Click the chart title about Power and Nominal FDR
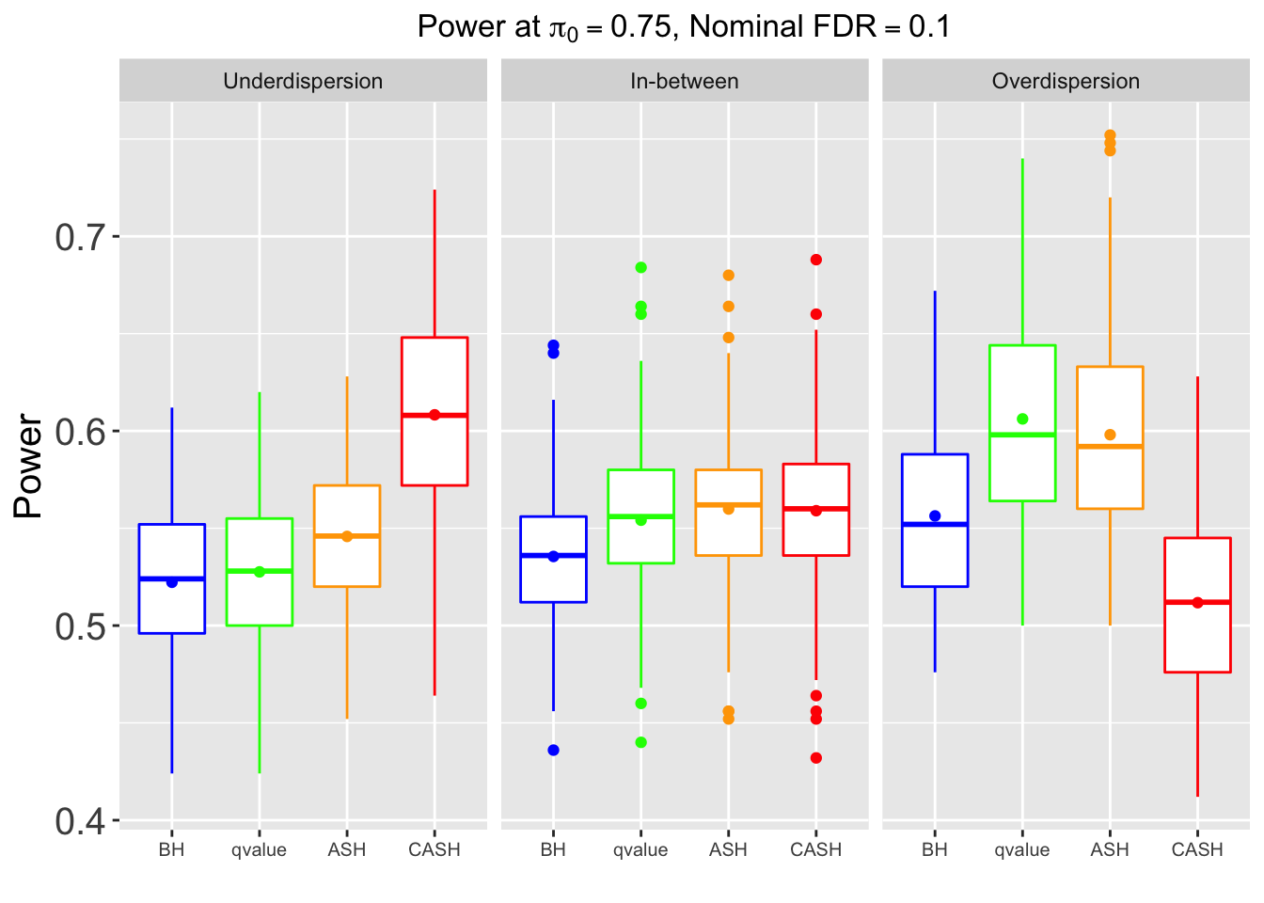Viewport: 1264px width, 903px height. tap(684, 27)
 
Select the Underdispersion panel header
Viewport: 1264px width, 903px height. tap(303, 81)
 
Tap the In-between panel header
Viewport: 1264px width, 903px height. tap(684, 81)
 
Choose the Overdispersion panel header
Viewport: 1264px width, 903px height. tap(1066, 81)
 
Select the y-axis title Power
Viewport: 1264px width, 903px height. tap(29, 467)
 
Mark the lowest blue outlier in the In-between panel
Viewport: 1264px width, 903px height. tap(553, 750)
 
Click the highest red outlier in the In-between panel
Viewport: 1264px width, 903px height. tap(816, 260)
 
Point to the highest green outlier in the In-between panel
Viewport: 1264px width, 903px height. tap(640, 267)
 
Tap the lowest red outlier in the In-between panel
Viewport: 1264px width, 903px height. tap(816, 758)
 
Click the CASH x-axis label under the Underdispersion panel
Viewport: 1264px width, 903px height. tap(434, 850)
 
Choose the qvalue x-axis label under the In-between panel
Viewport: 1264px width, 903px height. tap(640, 850)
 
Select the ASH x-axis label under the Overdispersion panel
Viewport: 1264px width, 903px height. tap(1110, 850)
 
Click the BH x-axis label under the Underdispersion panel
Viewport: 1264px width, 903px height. tap(171, 850)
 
